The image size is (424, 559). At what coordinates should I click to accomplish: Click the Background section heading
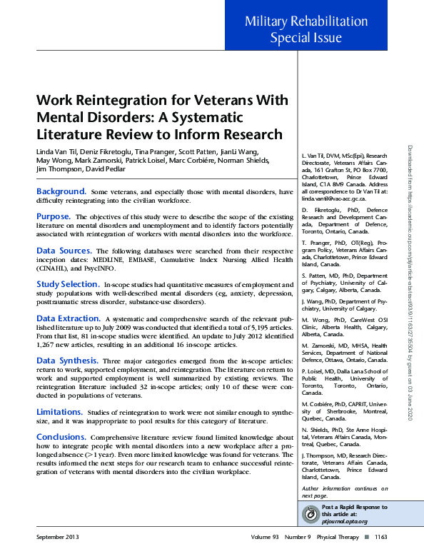click(x=61, y=192)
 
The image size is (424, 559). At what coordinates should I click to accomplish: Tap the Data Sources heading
click(x=64, y=251)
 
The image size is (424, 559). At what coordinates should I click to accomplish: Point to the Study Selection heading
click(x=68, y=284)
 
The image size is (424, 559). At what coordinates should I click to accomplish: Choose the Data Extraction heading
click(x=69, y=318)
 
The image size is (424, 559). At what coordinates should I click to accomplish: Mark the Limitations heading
click(x=59, y=412)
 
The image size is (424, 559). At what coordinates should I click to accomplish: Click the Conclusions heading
click(x=61, y=436)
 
